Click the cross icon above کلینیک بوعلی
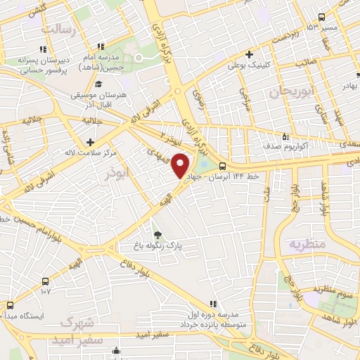pos(250,53)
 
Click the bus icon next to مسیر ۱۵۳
pos(321,17)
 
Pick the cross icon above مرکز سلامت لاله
pos(90,141)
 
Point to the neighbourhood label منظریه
pos(307,243)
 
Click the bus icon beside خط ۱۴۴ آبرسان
pos(222,167)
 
